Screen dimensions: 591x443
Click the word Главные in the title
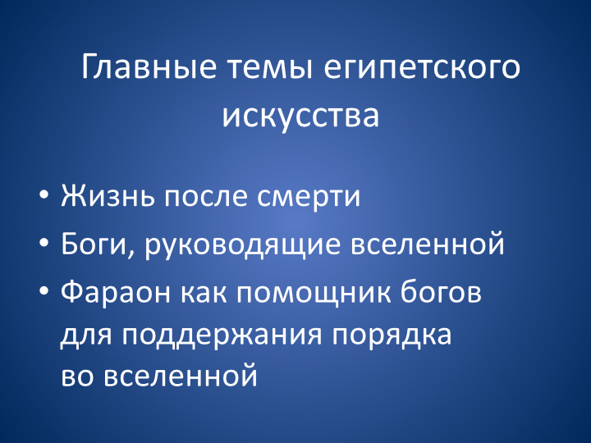tap(149, 66)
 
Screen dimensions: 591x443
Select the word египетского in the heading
tap(422, 71)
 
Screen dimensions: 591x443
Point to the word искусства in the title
tap(300, 116)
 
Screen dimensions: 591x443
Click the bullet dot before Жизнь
tap(44, 195)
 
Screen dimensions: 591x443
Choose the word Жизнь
tap(108, 196)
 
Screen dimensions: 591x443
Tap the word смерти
tap(309, 196)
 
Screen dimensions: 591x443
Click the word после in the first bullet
tap(206, 196)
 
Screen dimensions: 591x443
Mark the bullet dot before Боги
tap(44, 244)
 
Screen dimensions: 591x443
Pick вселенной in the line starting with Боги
tap(428, 244)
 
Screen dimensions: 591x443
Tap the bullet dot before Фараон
tap(44, 291)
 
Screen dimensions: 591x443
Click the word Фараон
tap(116, 293)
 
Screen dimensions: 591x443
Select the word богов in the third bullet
tap(441, 291)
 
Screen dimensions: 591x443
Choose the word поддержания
tap(222, 336)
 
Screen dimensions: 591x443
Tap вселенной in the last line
tap(180, 376)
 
